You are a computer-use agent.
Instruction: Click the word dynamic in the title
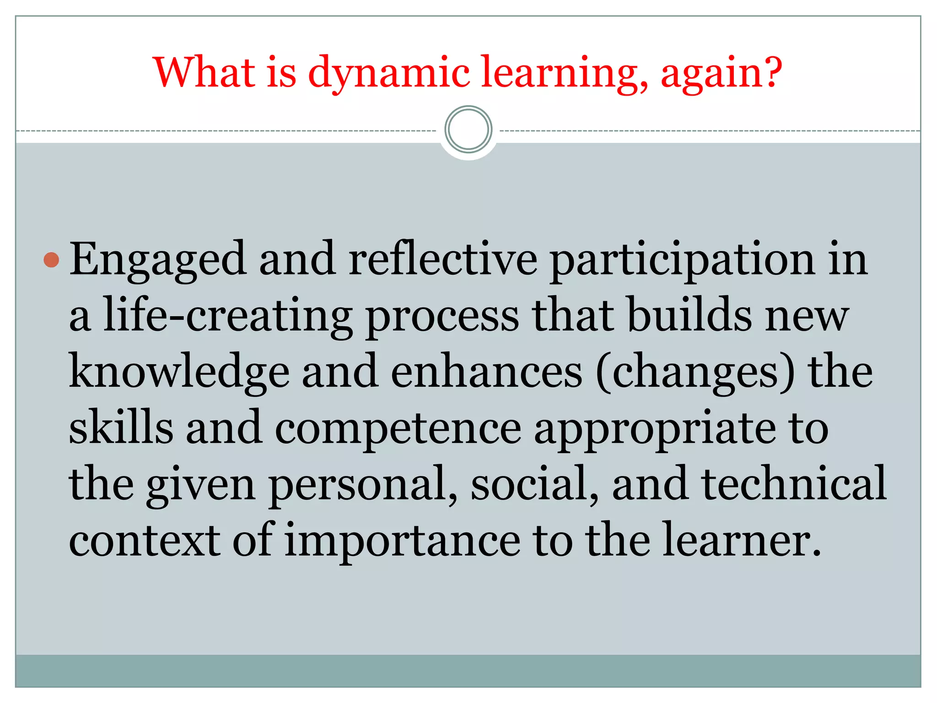(x=389, y=73)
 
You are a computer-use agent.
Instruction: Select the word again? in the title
(x=722, y=73)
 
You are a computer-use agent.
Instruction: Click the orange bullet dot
(x=51, y=260)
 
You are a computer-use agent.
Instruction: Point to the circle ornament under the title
(x=468, y=130)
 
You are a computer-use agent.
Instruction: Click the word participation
(x=682, y=260)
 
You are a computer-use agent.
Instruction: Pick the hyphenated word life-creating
(x=227, y=316)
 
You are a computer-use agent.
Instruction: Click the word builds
(x=690, y=315)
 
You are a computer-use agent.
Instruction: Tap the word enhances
(x=486, y=372)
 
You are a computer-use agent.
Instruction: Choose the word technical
(x=794, y=484)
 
